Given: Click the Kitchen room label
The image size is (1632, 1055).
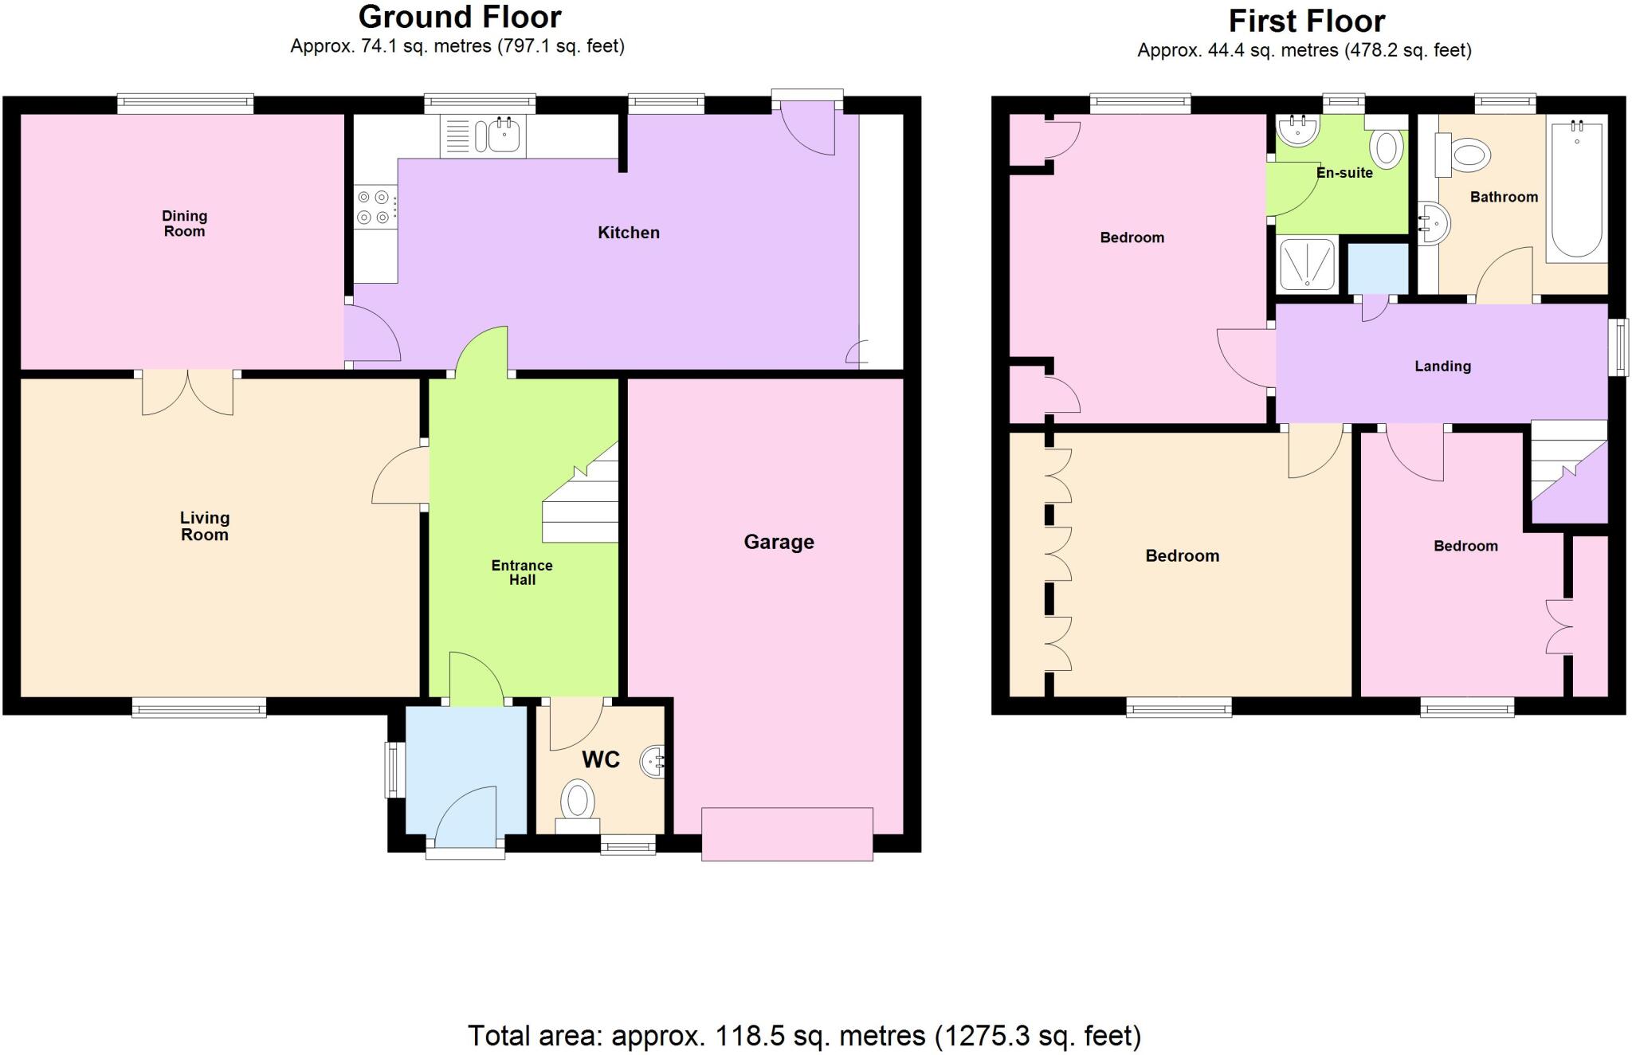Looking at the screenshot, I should (629, 233).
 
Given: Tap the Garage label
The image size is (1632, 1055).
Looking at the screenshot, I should (779, 542).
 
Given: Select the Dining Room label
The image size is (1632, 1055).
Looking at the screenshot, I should (184, 223).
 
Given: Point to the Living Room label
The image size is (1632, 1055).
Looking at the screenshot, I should (205, 526).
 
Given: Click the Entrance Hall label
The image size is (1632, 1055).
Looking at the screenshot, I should (522, 572).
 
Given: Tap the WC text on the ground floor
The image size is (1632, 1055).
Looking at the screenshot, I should (601, 759).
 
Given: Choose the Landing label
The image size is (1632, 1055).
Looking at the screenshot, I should (1442, 367).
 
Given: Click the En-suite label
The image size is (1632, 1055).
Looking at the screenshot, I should (1344, 173).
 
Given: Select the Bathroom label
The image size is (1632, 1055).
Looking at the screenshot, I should (1504, 197).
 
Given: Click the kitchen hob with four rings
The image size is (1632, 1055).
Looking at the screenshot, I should (375, 206).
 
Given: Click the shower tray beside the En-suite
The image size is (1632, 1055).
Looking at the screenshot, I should (1307, 263).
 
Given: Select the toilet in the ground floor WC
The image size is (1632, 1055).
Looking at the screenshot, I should (577, 800).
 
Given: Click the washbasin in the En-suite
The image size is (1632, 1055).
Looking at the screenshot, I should (1297, 130).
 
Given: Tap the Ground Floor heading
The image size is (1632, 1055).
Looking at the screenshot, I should (460, 17).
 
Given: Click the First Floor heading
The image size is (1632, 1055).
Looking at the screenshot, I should (1307, 21).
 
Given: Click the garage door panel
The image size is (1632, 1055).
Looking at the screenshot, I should (787, 834).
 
